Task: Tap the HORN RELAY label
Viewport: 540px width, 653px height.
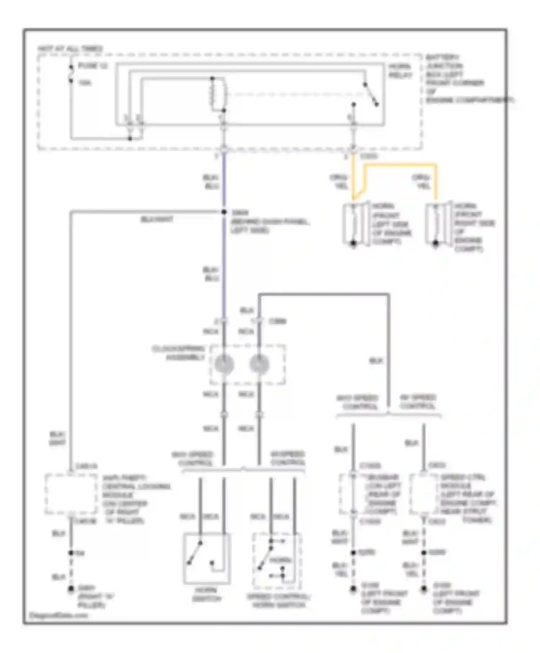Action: pyautogui.click(x=400, y=71)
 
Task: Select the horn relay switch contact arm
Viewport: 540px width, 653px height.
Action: pyautogui.click(x=371, y=95)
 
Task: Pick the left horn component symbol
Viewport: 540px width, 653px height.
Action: pyautogui.click(x=355, y=224)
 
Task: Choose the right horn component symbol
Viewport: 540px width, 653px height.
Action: pyautogui.click(x=438, y=224)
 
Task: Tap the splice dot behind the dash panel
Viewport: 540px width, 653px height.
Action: pyautogui.click(x=224, y=212)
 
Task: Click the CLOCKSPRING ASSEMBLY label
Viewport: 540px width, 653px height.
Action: pyautogui.click(x=179, y=353)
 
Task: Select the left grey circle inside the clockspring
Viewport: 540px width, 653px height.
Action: pyautogui.click(x=224, y=364)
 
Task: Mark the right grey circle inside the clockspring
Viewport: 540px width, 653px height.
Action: pyautogui.click(x=259, y=364)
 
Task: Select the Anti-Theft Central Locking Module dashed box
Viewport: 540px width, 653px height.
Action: pyautogui.click(x=71, y=494)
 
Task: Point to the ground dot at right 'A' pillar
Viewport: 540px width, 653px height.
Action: pyautogui.click(x=71, y=589)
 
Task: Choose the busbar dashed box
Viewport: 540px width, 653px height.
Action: pyautogui.click(x=353, y=494)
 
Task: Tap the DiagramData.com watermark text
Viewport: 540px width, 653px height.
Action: pyautogui.click(x=58, y=615)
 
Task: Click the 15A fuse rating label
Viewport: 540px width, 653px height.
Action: pyautogui.click(x=85, y=83)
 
